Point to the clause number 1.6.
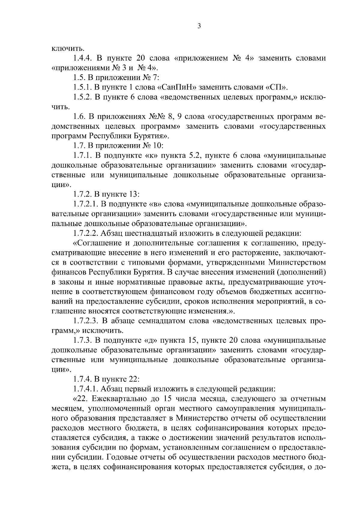click(x=79, y=116)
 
